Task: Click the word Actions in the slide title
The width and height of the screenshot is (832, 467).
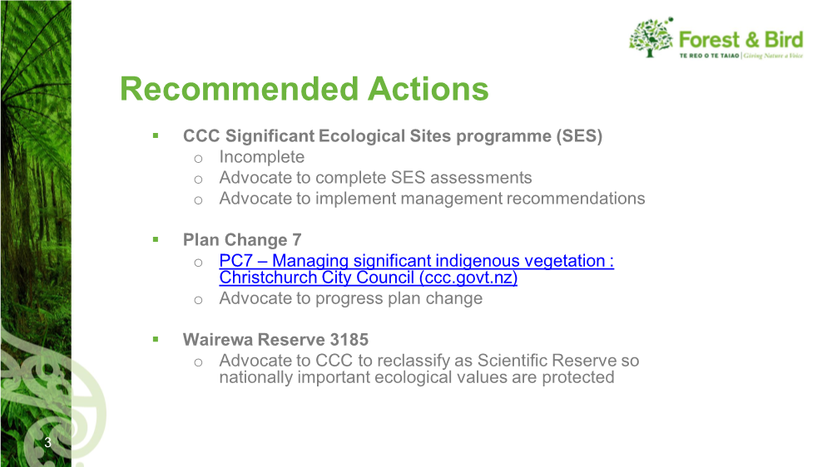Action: click(x=428, y=89)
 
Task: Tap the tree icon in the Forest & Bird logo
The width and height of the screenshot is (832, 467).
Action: click(x=651, y=37)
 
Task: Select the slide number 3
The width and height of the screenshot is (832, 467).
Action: click(x=47, y=443)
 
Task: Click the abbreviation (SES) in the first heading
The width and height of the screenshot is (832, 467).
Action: click(x=579, y=136)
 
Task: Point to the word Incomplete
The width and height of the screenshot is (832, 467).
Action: click(x=261, y=157)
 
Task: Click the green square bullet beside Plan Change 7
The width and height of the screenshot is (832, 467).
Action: click(x=156, y=239)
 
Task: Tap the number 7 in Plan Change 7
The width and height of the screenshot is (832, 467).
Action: click(x=297, y=240)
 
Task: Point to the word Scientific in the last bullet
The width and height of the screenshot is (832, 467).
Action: click(x=512, y=361)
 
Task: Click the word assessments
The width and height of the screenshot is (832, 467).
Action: click(x=481, y=178)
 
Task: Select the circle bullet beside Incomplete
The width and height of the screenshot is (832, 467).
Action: click(x=199, y=159)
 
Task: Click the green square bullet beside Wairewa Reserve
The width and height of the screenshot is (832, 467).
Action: click(x=156, y=339)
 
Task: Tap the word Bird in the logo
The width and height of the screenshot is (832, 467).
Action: click(x=784, y=40)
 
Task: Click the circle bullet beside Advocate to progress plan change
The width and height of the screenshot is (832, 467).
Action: click(x=199, y=300)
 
